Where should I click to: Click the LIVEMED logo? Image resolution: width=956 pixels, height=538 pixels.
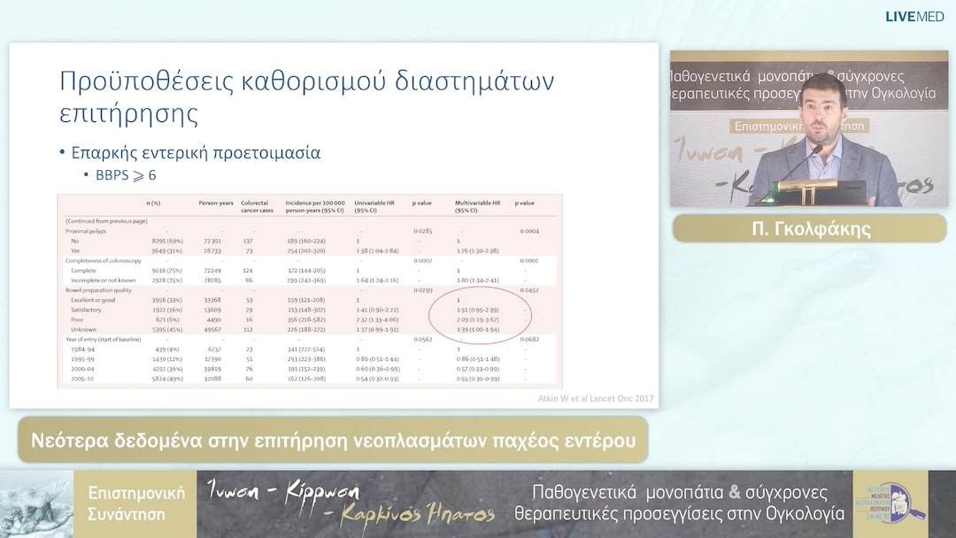[x=918, y=16]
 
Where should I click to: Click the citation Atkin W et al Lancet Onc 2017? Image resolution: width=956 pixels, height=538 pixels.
[x=595, y=397]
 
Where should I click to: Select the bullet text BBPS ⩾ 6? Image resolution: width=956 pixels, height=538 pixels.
[x=127, y=175]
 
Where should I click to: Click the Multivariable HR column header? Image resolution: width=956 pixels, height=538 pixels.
[x=478, y=204]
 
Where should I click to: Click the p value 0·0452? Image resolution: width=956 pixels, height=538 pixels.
[x=529, y=289]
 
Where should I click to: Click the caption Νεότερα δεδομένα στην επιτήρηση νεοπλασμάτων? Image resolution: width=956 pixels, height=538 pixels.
[x=332, y=440]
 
